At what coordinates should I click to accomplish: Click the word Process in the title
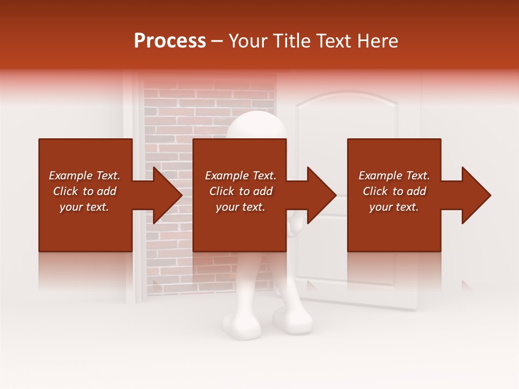(170, 41)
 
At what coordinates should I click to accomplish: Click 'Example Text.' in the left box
(84, 176)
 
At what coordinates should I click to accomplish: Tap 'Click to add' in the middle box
(241, 191)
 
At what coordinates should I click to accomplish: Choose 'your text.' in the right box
(394, 207)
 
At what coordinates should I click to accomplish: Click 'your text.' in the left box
(84, 207)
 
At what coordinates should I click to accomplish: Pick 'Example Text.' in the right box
(394, 176)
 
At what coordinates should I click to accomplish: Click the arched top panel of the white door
(346, 116)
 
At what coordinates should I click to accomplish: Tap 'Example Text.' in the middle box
(241, 176)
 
